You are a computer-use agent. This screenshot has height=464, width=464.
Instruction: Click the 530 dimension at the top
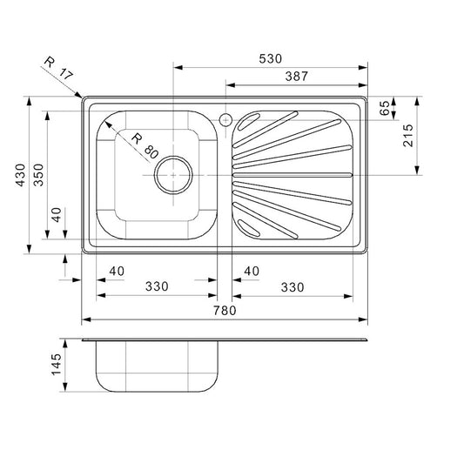(x=271, y=58)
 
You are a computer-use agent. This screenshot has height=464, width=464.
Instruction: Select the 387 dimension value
(x=295, y=77)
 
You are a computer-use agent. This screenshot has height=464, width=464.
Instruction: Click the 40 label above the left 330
(x=116, y=272)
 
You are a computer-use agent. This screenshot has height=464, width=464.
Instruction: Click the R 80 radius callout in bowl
(x=144, y=145)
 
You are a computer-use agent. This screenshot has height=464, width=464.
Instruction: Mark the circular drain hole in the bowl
(x=172, y=175)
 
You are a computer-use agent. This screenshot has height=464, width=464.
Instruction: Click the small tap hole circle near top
(x=225, y=120)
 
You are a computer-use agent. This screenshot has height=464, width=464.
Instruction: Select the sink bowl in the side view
(x=157, y=366)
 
